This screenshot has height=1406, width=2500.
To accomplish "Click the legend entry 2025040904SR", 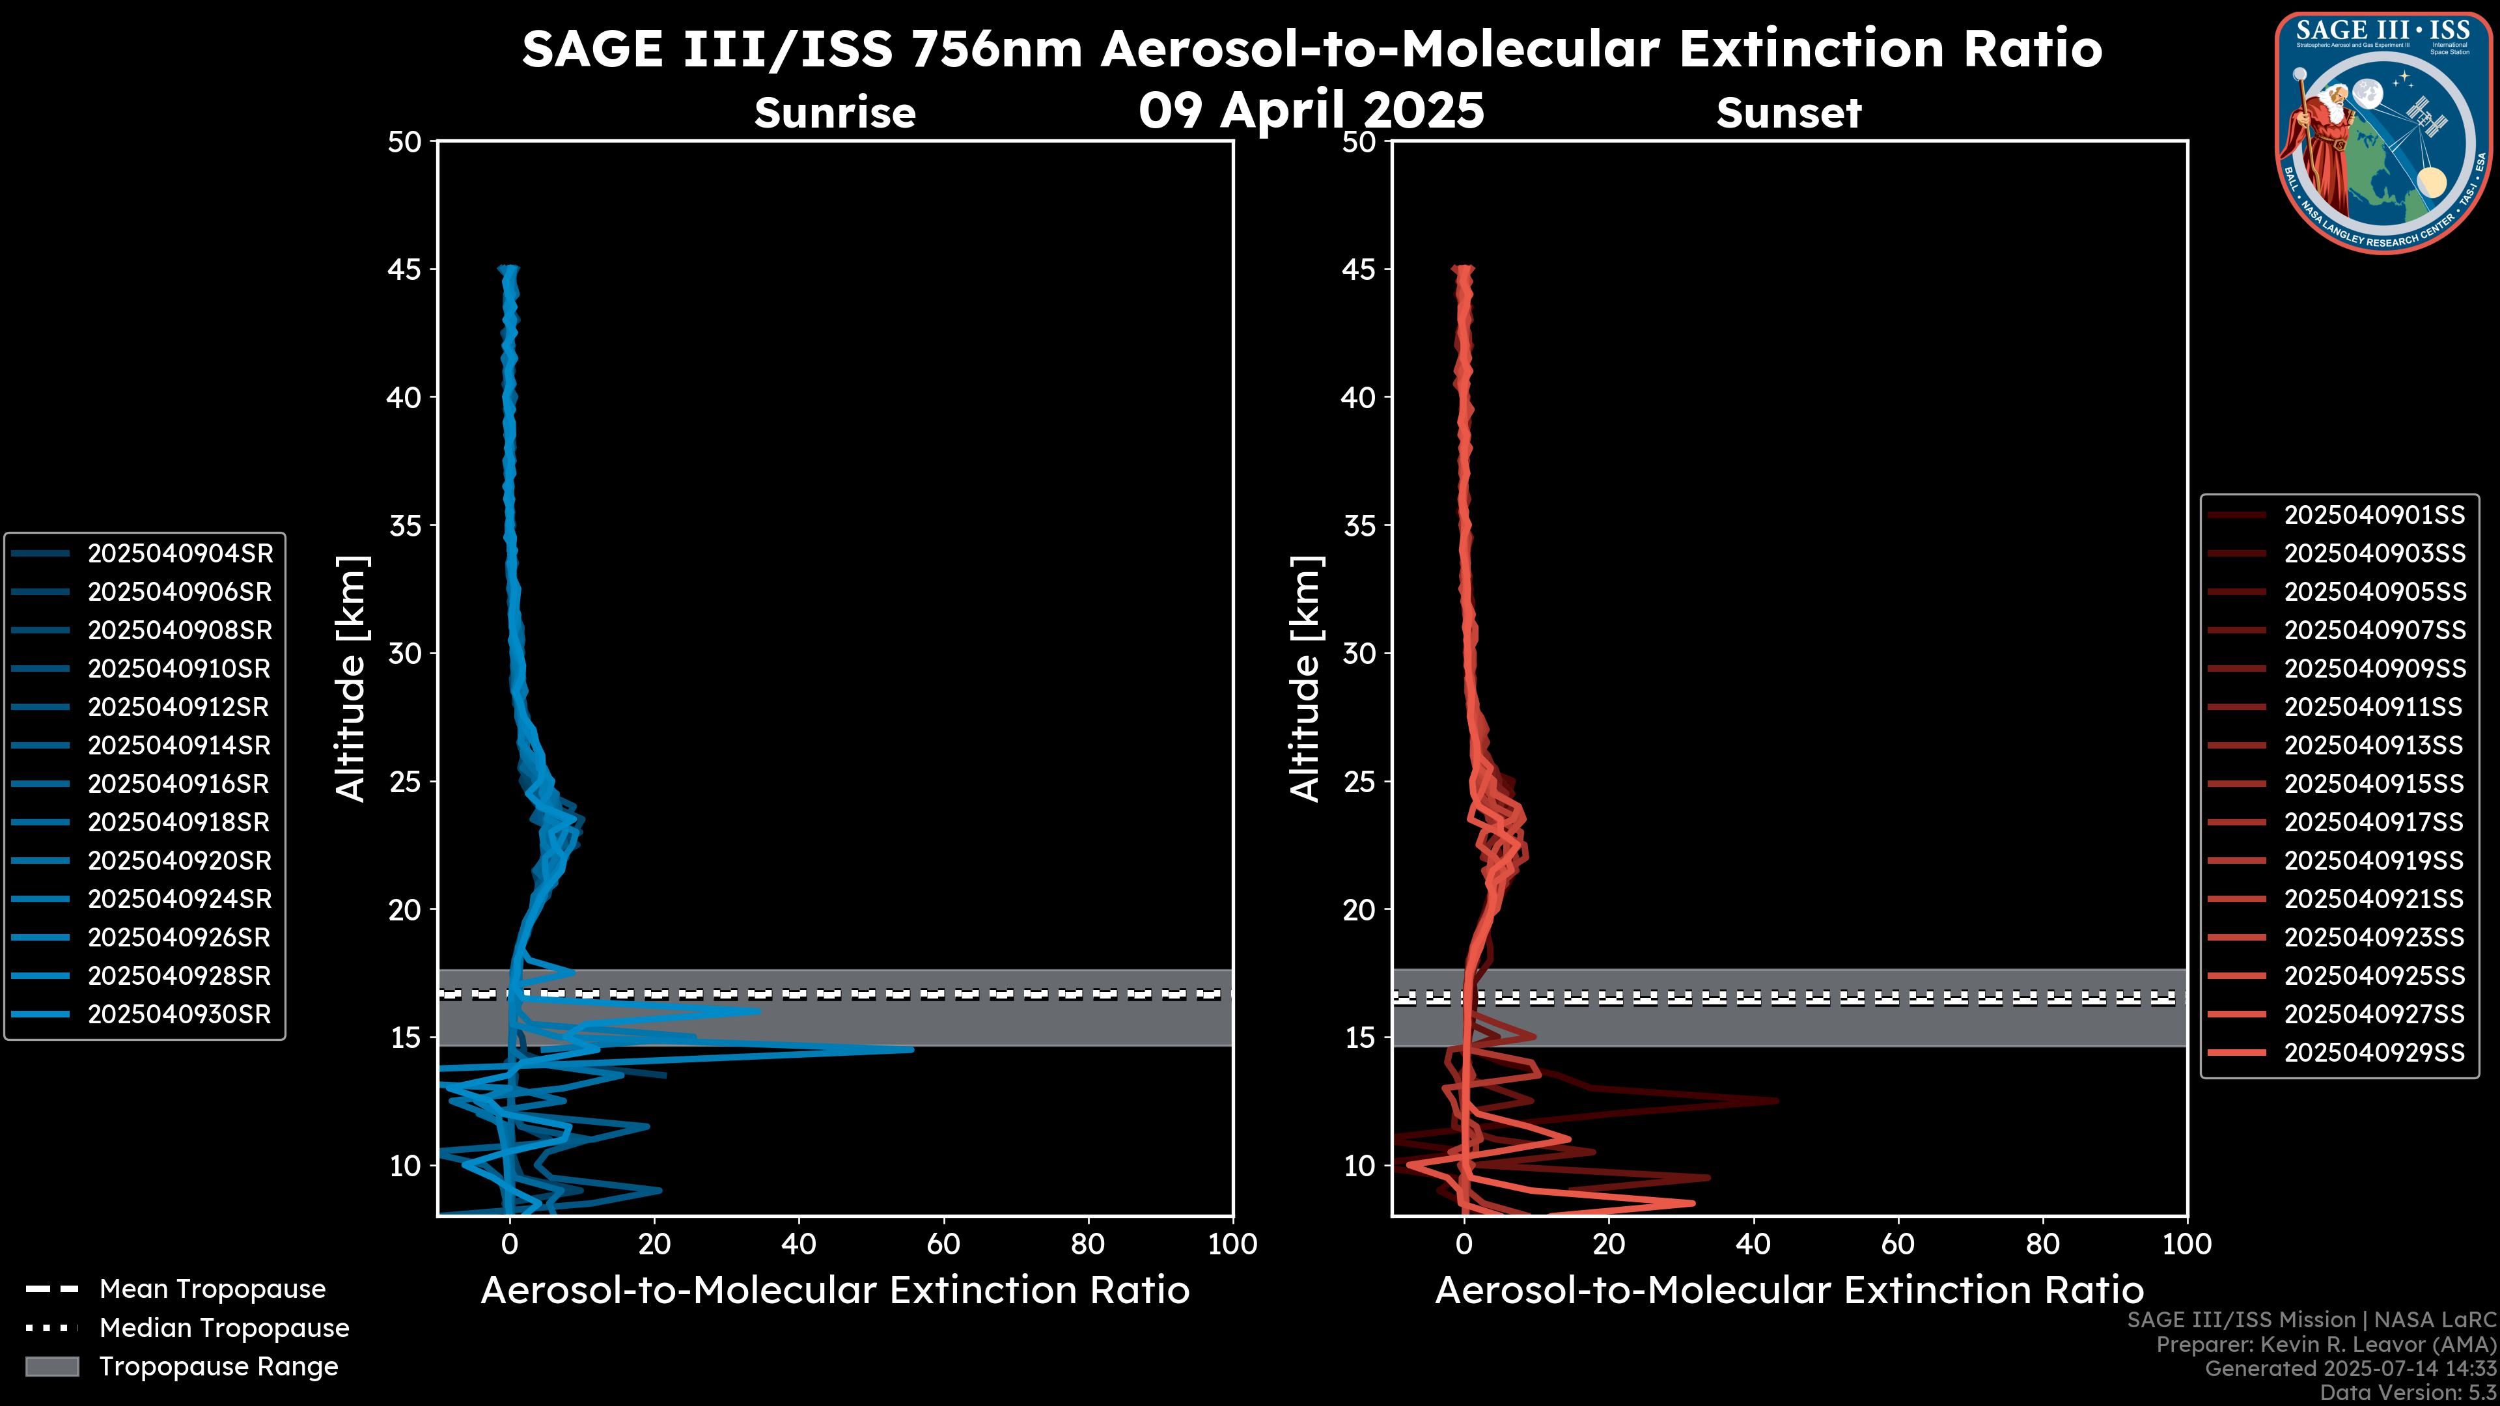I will (180, 553).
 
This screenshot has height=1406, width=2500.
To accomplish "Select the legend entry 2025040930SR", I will (180, 1014).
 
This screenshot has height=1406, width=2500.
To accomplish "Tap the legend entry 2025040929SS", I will (2374, 1053).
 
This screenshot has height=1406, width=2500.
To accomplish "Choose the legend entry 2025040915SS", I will (2374, 784).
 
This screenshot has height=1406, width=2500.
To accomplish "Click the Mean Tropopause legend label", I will (212, 1289).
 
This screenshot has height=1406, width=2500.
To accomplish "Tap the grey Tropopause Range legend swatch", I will (51, 1366).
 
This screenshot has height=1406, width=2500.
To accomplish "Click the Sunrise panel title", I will (835, 113).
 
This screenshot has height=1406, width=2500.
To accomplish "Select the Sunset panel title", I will (1788, 113).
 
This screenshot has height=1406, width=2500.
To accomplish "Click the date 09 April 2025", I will (1311, 109).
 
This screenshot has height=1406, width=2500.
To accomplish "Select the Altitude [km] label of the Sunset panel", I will (1305, 679).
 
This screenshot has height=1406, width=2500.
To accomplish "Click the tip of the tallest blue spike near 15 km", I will (912, 1049).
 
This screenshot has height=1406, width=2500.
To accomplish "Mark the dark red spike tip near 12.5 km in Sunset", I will (1777, 1100).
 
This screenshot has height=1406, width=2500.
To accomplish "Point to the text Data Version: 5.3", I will (2409, 1392).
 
